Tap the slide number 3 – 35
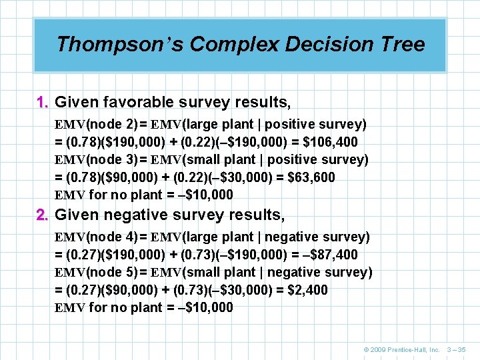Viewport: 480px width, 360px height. [457, 349]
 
